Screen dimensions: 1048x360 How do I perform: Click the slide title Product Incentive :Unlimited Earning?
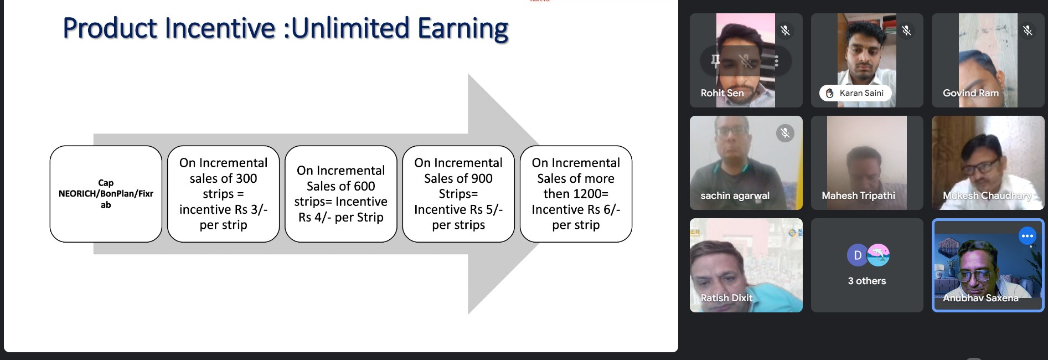[x=286, y=29]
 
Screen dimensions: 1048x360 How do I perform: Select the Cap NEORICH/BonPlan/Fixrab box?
[x=106, y=194]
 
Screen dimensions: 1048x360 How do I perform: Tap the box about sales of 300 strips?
[x=223, y=194]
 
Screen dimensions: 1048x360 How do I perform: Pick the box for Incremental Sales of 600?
[x=341, y=194]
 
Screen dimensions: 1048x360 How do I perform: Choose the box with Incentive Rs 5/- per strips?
[x=458, y=194]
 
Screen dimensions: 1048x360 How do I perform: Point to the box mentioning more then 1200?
[x=576, y=194]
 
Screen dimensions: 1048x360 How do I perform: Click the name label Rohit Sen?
[x=722, y=93]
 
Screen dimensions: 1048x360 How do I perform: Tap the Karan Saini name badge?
[x=855, y=93]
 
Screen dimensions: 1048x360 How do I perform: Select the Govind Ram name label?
[x=970, y=93]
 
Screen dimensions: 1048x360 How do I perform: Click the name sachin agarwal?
[x=735, y=196]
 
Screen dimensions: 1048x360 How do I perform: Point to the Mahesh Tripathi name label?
[x=858, y=196]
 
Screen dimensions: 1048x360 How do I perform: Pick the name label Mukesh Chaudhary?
[x=987, y=196]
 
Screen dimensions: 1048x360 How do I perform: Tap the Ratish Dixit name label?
[x=726, y=298]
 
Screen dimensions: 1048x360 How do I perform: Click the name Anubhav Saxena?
[x=980, y=298]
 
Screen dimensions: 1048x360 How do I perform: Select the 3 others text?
[x=867, y=281]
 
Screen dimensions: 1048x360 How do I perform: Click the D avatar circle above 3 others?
[x=858, y=255]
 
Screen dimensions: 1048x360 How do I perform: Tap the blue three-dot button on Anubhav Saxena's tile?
[x=1028, y=236]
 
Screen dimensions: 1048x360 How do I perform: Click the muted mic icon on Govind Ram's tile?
[x=1028, y=30]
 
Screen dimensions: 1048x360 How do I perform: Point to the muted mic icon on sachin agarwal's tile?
[x=785, y=133]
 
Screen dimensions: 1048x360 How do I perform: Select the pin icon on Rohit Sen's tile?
[x=716, y=60]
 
